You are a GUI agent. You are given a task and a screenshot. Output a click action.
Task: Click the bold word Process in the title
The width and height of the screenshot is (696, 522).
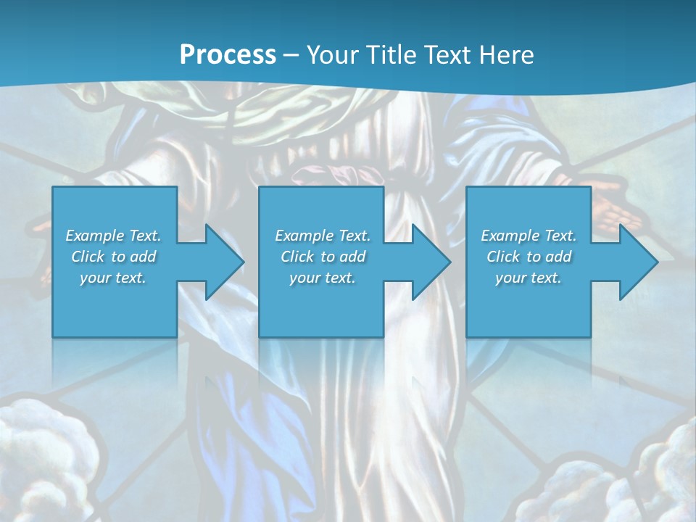[228, 55]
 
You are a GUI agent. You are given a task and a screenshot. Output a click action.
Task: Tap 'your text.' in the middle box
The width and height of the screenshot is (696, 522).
[322, 278]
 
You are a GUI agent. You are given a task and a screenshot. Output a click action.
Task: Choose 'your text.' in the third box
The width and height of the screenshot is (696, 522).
[528, 278]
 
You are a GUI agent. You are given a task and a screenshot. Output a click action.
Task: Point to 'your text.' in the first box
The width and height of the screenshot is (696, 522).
[112, 278]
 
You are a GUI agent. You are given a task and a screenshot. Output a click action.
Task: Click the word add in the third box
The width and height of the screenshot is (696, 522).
[559, 257]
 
